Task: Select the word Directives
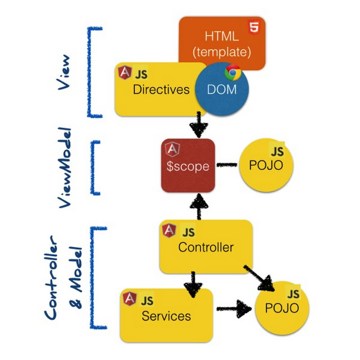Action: pos(161,90)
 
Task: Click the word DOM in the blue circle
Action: pos(221,90)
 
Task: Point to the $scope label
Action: pos(188,166)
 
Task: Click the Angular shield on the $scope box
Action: pos(171,150)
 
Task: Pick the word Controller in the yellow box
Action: pos(206,247)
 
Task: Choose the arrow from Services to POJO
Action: pos(234,309)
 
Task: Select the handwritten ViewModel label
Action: pos(66,168)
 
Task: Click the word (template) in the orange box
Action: pos(221,52)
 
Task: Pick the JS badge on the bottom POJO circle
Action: pos(293,294)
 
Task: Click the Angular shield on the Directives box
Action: pos(123,72)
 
